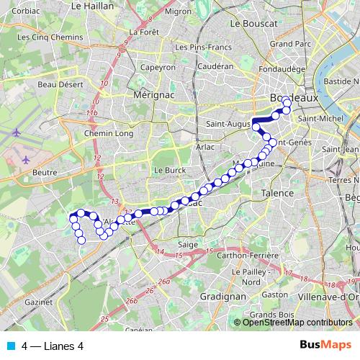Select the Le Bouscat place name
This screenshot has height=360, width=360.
click(253, 23)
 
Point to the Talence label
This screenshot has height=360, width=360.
click(277, 193)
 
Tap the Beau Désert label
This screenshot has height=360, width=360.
click(57, 84)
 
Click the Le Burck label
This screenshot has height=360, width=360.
click(170, 170)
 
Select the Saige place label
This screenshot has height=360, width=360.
click(187, 245)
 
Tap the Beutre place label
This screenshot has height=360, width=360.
click(45, 173)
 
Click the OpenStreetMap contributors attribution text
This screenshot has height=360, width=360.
click(297, 322)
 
